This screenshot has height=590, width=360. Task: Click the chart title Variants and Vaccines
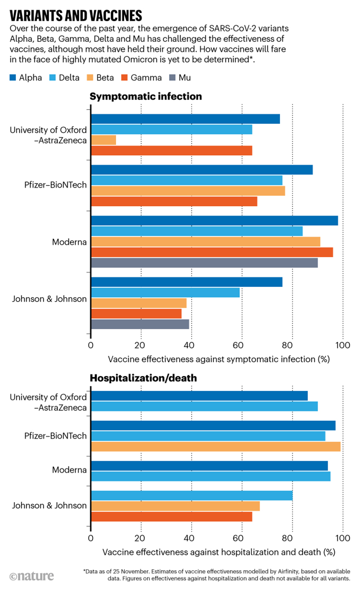(x=76, y=16)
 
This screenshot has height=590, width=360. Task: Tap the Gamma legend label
(x=146, y=77)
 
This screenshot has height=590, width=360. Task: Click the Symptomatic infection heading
(x=146, y=96)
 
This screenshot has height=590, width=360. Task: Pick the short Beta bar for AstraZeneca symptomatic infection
(x=103, y=140)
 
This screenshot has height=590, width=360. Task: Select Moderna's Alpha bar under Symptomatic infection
(x=214, y=220)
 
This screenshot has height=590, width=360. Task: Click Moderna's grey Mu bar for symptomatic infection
(x=204, y=263)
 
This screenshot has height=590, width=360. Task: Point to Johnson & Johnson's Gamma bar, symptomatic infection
(x=136, y=313)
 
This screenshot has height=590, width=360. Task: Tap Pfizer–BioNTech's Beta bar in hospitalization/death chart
(x=216, y=446)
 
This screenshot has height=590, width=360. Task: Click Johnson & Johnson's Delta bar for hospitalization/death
(x=192, y=496)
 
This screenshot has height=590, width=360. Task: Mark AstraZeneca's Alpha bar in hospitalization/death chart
(x=199, y=395)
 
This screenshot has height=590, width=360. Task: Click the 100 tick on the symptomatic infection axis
(x=343, y=345)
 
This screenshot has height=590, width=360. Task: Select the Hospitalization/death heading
(x=144, y=378)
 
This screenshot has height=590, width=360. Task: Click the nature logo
(x=31, y=576)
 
